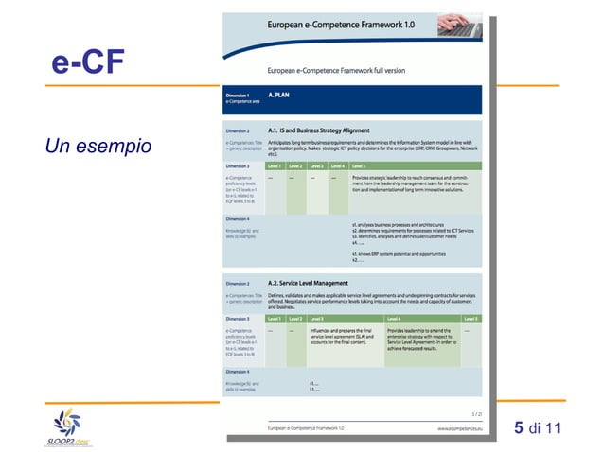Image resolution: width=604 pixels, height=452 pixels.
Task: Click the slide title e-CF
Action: point(88,64)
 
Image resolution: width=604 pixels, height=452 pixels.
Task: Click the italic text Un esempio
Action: point(98,148)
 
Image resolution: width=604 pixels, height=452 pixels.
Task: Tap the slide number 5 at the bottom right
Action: point(519,428)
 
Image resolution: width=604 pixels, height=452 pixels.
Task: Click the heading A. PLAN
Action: point(281,96)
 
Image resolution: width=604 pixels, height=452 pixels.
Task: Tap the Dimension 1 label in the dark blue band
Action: point(238,96)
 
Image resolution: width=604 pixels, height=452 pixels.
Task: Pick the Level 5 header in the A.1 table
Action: point(359,165)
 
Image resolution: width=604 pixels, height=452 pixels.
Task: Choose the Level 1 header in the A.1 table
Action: point(275,165)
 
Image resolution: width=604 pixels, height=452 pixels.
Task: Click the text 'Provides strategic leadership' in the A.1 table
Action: point(398,177)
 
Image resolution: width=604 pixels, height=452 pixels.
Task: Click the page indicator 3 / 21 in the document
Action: point(474,413)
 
